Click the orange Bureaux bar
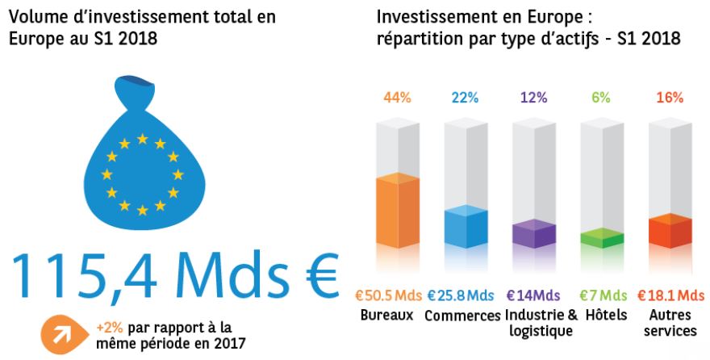tap(398, 210)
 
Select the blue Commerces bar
tap(466, 227)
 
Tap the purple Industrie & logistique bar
tap(534, 233)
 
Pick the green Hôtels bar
tap(602, 238)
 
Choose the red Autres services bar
tap(670, 231)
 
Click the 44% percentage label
tap(397, 98)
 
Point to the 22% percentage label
tap(465, 98)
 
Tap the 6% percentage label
tap(601, 98)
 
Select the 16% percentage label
tap(670, 98)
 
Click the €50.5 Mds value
tap(389, 295)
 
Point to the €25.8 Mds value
tap(461, 295)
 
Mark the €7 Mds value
tap(603, 295)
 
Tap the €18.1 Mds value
tap(671, 295)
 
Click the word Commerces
tap(463, 316)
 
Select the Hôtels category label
tap(606, 314)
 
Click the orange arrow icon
tap(64, 335)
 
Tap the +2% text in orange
tap(110, 328)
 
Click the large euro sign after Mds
tap(315, 274)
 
